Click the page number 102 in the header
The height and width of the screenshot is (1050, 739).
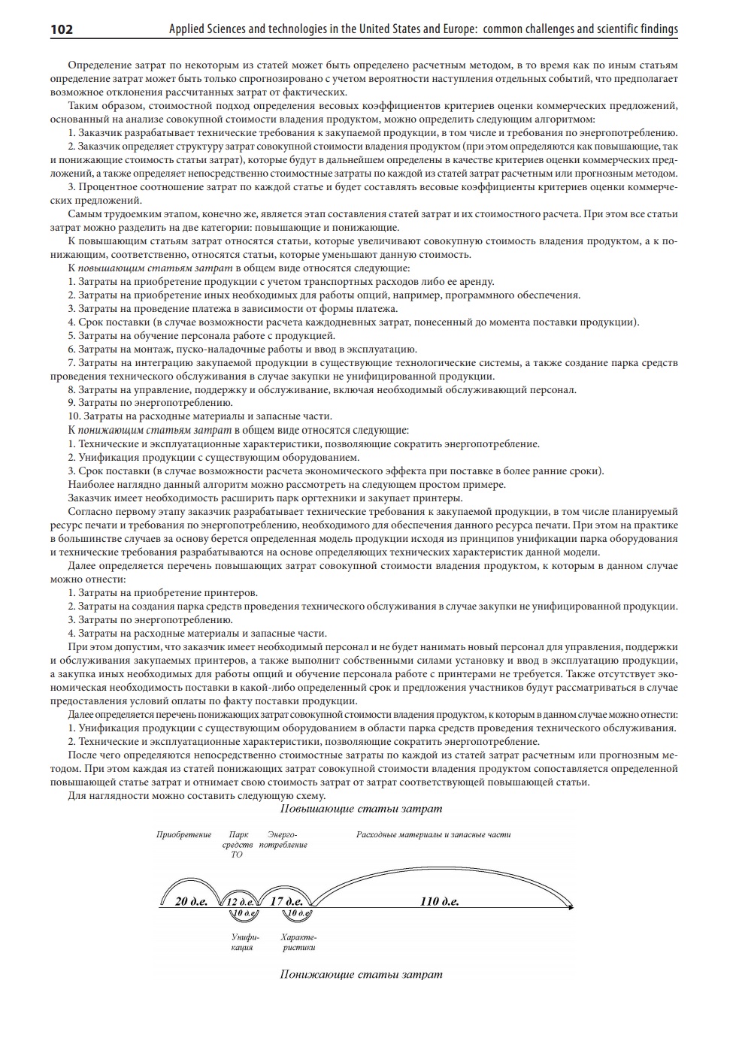pyautogui.click(x=62, y=29)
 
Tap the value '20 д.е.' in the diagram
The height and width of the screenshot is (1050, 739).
pyautogui.click(x=191, y=901)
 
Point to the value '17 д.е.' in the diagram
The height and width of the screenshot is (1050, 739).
pyautogui.click(x=286, y=901)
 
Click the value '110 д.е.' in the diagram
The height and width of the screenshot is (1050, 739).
pyautogui.click(x=440, y=901)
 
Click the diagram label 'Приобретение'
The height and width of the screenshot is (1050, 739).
pyautogui.click(x=184, y=834)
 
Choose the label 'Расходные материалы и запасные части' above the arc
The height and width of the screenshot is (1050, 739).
pyautogui.click(x=433, y=834)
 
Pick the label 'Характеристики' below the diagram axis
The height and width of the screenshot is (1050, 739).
pyautogui.click(x=298, y=943)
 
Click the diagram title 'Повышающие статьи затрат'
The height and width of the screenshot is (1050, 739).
pyautogui.click(x=361, y=809)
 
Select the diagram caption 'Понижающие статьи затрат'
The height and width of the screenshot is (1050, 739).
pyautogui.click(x=361, y=974)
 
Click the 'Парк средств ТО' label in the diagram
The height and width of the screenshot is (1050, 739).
pyautogui.click(x=238, y=844)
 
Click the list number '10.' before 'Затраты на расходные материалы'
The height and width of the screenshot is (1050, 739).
pyautogui.click(x=74, y=416)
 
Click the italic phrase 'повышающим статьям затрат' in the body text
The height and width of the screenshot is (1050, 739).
pyautogui.click(x=156, y=268)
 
